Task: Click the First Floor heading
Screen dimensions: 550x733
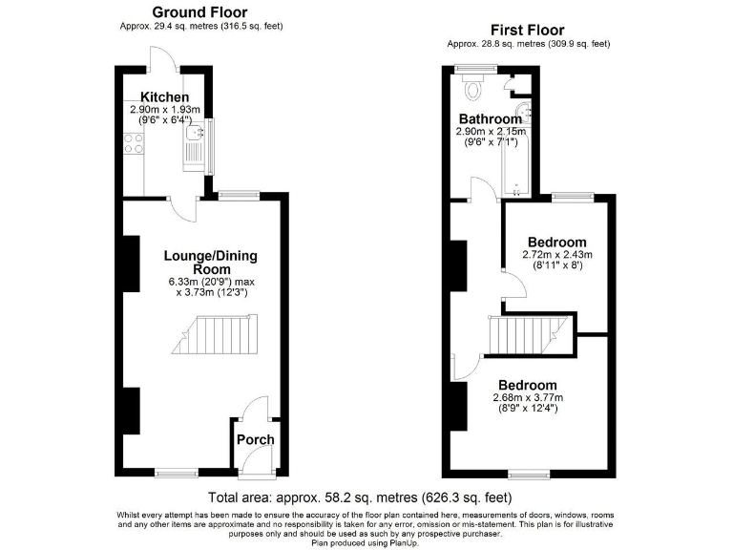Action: click(x=527, y=31)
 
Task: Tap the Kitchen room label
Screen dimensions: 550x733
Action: click(x=165, y=97)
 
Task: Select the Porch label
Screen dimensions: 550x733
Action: click(x=255, y=440)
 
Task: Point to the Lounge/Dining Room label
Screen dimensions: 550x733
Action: click(x=210, y=264)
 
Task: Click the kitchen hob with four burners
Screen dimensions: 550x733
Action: click(x=134, y=144)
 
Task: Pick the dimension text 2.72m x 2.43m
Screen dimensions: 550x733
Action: click(x=556, y=255)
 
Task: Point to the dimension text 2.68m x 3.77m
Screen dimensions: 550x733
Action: click(x=527, y=398)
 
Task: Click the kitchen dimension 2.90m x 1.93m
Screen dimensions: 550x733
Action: click(x=165, y=110)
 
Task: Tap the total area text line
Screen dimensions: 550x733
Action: click(x=360, y=498)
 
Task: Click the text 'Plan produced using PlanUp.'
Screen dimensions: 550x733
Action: click(x=366, y=542)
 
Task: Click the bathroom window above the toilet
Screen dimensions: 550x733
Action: click(x=468, y=67)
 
